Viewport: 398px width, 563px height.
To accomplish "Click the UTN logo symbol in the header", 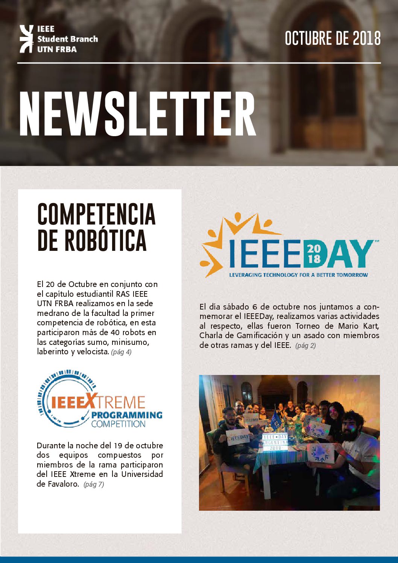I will (26, 39).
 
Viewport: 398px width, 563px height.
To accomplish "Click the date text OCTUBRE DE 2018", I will (333, 39).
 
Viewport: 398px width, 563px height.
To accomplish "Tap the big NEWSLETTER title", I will (137, 114).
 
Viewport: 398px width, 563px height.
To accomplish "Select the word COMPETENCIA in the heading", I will (96, 214).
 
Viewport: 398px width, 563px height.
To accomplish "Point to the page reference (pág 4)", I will (121, 352).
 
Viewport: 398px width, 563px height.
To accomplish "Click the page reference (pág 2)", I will (305, 345).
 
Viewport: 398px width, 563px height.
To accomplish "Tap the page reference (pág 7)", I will (94, 484).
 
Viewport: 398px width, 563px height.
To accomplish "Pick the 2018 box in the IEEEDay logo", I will (314, 253).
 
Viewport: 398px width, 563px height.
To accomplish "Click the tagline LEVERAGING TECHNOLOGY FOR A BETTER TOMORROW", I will (298, 275).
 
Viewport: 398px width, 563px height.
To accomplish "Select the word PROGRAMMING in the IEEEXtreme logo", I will (126, 415).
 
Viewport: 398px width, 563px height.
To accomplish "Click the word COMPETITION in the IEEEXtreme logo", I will (118, 424).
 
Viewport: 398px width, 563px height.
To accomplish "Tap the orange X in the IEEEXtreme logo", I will (90, 401).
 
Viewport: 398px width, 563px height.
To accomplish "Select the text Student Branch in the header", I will (67, 39).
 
